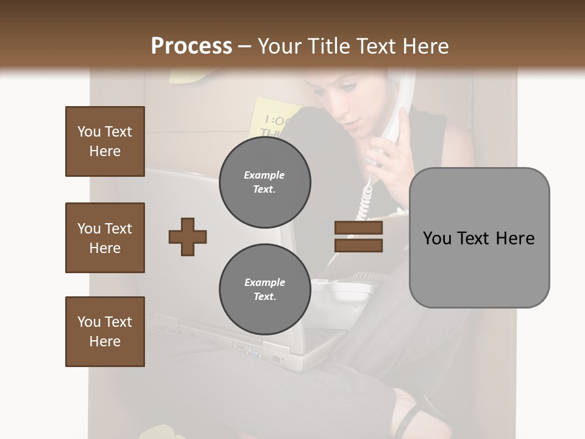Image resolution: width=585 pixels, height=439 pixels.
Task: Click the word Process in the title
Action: point(191,46)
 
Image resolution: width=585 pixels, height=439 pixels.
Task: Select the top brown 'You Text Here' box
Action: point(105,141)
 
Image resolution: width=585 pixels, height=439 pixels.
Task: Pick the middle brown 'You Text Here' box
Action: point(105,238)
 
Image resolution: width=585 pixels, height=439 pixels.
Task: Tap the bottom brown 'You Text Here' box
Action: point(105,332)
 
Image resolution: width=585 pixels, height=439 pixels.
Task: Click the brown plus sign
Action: point(188,237)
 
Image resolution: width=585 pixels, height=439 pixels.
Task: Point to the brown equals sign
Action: point(358,237)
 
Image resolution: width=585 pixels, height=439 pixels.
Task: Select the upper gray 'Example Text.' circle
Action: point(264,182)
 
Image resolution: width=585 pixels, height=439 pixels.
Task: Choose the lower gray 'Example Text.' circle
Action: point(264,290)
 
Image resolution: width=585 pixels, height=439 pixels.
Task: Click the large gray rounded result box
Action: point(479,238)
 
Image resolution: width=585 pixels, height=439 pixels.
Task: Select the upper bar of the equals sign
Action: point(358,228)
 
